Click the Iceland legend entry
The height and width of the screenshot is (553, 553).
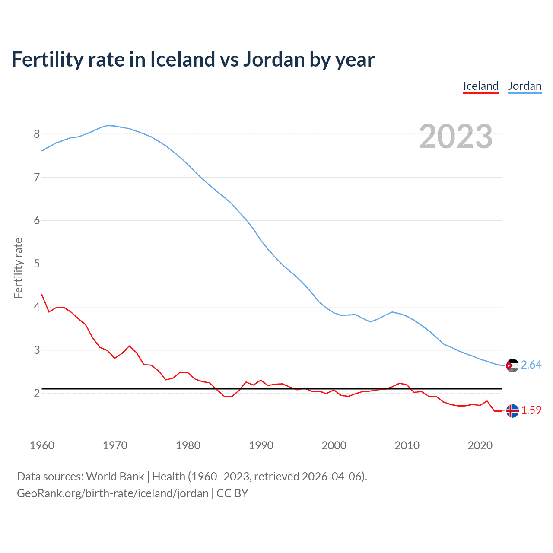(480, 86)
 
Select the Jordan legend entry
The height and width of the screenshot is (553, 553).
(524, 86)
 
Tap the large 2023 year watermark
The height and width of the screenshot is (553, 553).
(455, 137)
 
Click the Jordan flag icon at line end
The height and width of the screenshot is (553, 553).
(512, 365)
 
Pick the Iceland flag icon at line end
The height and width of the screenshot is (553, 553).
(512, 411)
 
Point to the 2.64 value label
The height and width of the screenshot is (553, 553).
(531, 365)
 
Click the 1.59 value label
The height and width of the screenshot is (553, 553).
(531, 410)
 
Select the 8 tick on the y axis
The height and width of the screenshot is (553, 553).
(37, 134)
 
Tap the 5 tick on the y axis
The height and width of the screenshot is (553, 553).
(37, 264)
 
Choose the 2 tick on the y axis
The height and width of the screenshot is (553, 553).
(37, 393)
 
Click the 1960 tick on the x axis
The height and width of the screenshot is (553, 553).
(42, 445)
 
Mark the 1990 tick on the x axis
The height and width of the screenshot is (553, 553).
(261, 445)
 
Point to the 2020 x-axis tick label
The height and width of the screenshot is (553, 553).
(480, 445)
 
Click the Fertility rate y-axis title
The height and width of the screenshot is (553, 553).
(18, 268)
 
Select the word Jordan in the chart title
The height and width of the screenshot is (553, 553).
(273, 60)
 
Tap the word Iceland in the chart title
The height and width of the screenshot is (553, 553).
(183, 60)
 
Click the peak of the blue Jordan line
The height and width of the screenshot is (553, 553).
(108, 125)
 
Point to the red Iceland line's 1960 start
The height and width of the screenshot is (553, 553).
(42, 295)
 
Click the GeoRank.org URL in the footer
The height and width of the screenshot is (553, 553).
(113, 493)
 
